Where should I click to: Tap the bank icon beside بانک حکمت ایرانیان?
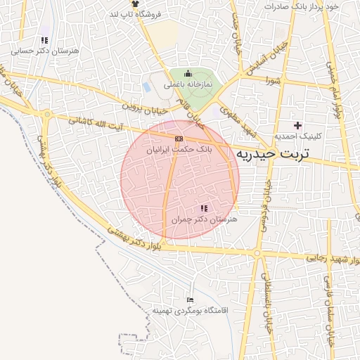pos(179,139)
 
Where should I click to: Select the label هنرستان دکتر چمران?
pos(205,220)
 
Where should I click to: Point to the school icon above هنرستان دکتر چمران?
pos(204,208)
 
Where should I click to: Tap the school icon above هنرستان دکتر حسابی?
pos(45,40)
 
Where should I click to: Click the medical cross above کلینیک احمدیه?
pos(297,124)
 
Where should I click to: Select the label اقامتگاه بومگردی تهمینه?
pos(188,310)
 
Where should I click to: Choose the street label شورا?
pos(274,81)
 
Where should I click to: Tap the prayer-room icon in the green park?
pos(188,74)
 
